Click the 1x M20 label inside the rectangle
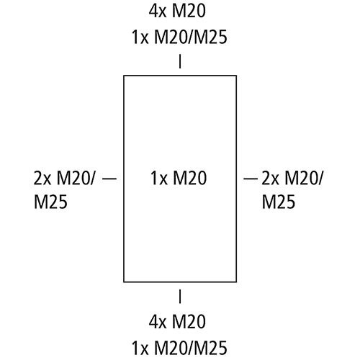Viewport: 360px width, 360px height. click(179, 178)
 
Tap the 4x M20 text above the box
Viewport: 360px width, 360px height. click(177, 11)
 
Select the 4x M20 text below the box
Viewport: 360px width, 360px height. click(177, 321)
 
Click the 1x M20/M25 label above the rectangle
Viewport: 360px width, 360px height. click(179, 37)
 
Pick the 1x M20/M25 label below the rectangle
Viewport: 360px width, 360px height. click(179, 348)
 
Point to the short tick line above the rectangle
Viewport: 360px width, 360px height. click(180, 62)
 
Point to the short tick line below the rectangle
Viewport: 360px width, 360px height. click(180, 297)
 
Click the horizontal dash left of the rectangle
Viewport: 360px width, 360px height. click(109, 179)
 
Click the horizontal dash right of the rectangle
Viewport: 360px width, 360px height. click(251, 179)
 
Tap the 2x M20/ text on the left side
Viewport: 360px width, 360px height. click(64, 178)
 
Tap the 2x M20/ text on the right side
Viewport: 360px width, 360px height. click(292, 178)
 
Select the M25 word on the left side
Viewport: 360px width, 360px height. click(50, 201)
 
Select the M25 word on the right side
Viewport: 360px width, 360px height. click(279, 201)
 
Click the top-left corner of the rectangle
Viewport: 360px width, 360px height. click(124, 76)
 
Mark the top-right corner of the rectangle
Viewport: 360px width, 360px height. click(236, 76)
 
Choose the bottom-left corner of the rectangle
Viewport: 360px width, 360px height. click(124, 282)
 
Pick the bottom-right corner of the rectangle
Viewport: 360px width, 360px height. click(236, 282)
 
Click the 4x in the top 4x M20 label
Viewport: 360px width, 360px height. click(158, 11)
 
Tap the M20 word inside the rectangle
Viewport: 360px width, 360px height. click(190, 178)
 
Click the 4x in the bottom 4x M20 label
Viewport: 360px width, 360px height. click(158, 322)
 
